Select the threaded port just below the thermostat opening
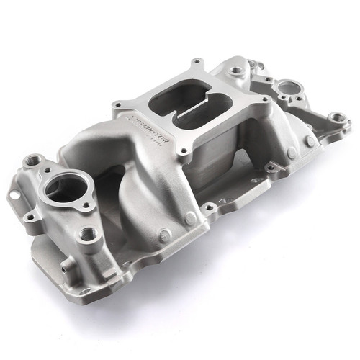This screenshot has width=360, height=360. (x=88, y=235)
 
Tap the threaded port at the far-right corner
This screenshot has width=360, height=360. (x=336, y=117)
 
